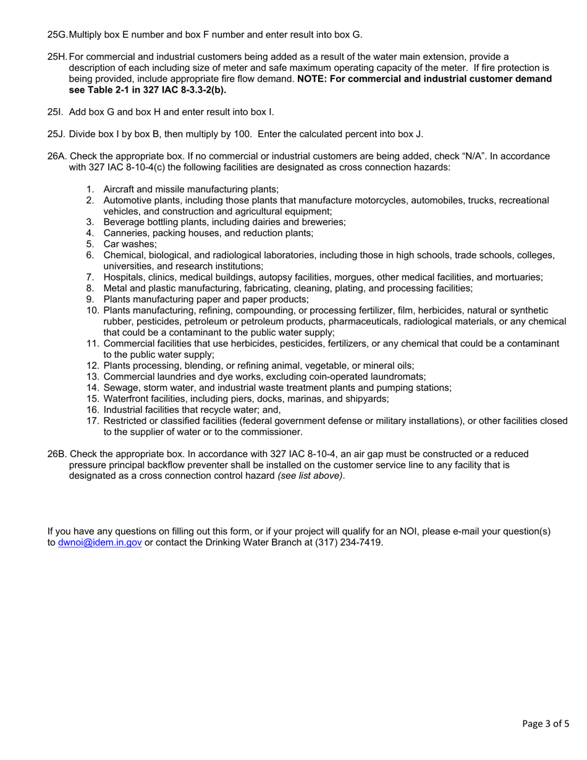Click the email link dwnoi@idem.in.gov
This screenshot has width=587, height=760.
pos(99,543)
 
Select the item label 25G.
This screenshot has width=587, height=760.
pos(57,34)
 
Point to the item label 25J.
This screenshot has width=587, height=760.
pos(56,134)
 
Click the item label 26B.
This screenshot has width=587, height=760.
pos(57,454)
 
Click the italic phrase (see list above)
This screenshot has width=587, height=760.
pos(310,476)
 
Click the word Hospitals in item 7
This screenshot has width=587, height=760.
pos(124,277)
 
